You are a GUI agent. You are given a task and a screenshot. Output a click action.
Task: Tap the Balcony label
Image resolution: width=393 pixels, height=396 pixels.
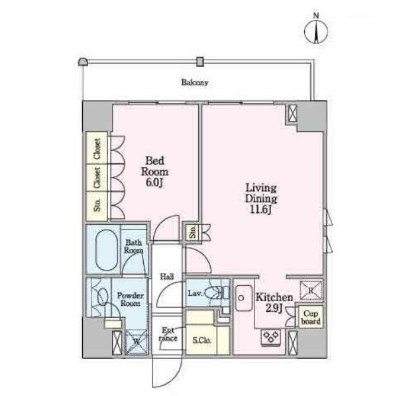(x=195, y=82)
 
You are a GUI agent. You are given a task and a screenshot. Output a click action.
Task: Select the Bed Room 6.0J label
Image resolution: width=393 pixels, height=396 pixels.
(x=154, y=172)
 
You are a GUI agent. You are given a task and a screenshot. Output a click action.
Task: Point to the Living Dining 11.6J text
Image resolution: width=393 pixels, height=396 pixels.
(x=261, y=199)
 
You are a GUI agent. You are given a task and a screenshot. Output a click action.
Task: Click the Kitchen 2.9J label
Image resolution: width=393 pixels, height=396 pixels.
(x=274, y=302)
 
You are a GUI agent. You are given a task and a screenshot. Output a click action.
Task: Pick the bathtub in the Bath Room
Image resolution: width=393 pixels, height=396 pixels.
(x=107, y=250)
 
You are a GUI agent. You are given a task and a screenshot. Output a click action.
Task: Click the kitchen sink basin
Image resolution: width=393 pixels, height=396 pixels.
(x=243, y=298)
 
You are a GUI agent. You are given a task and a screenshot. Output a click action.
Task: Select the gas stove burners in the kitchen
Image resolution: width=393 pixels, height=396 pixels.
(x=271, y=337)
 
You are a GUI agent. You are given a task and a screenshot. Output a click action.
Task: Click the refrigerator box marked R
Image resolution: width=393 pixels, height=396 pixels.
(x=311, y=291)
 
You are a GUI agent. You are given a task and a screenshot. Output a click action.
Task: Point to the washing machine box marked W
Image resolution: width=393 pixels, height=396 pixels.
(x=137, y=342)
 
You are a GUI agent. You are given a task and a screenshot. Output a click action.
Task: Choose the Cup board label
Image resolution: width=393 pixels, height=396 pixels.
(x=311, y=317)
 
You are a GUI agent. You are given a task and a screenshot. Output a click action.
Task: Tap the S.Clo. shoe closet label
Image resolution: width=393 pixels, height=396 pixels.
(x=201, y=340)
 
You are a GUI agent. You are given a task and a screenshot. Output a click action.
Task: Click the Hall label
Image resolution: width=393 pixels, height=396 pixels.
(x=167, y=277)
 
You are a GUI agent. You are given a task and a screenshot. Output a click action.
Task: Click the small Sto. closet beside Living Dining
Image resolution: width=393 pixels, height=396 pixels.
(x=193, y=231)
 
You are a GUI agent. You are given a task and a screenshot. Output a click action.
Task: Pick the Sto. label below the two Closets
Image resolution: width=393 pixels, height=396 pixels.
(x=97, y=205)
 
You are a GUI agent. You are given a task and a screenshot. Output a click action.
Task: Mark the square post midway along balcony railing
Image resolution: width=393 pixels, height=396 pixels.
(x=200, y=62)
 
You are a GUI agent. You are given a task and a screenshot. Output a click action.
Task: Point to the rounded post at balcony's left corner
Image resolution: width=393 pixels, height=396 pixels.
(x=83, y=62)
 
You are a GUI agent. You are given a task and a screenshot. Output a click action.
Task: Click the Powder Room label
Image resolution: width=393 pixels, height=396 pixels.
(x=130, y=299)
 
